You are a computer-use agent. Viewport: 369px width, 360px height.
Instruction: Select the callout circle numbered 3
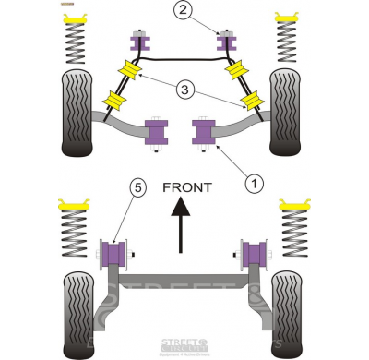186,90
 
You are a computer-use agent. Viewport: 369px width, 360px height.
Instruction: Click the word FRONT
187,186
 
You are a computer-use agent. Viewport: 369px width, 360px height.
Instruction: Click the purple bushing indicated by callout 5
114,251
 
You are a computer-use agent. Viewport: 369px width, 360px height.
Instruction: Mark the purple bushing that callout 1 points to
202,131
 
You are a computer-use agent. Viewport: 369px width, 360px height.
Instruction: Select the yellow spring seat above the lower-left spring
76,201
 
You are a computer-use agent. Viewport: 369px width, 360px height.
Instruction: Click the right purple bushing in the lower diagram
253,251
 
